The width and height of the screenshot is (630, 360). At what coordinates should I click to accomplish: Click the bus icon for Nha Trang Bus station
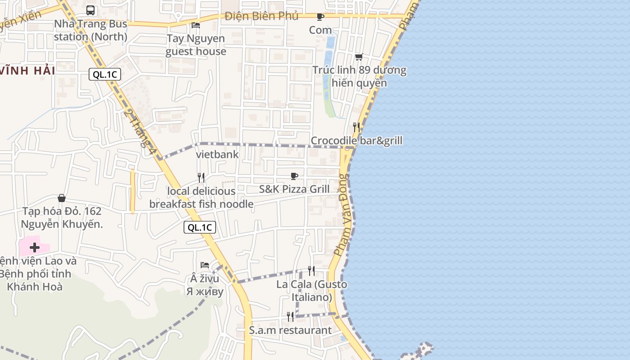(90, 10)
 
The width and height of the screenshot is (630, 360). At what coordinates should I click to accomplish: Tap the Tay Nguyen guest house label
(196, 45)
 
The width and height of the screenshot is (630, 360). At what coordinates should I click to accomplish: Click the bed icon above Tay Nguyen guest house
(196, 25)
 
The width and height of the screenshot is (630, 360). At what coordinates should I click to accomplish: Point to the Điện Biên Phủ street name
(261, 16)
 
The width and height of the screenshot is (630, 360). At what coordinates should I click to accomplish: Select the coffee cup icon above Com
(320, 17)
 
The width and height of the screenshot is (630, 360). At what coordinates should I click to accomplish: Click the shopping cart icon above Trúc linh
(359, 57)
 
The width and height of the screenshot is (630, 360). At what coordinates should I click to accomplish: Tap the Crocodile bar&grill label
(356, 141)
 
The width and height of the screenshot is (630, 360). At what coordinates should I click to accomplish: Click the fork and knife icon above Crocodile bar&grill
(356, 127)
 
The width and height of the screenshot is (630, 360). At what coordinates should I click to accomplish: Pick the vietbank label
(217, 154)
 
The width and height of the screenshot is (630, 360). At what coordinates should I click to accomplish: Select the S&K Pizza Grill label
(294, 189)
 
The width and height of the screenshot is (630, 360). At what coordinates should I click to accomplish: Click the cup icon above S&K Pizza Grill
(294, 176)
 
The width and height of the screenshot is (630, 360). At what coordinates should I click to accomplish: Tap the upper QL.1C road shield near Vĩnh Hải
(105, 74)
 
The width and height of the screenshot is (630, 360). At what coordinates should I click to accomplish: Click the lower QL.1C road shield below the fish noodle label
(200, 227)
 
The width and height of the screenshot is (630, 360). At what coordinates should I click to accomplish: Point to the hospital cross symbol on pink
(35, 247)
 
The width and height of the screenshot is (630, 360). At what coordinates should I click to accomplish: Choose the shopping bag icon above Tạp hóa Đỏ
(62, 198)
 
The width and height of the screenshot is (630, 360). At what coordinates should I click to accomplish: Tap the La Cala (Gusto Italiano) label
(311, 291)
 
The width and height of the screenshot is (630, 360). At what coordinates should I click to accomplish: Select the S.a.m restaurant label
(290, 330)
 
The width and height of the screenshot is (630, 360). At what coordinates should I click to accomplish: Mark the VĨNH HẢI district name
(27, 71)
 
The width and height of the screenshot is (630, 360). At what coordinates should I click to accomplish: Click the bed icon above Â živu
(205, 265)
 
